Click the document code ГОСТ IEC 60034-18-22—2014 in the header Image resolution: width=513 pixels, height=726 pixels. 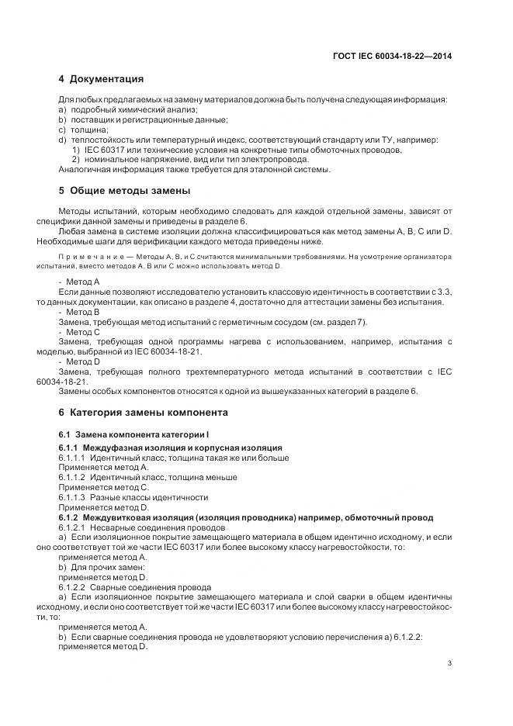(x=392, y=56)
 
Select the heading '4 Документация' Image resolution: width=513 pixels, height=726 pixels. (x=101, y=79)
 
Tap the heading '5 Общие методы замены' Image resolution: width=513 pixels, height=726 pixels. (x=124, y=190)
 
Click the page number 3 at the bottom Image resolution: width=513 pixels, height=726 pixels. (x=450, y=662)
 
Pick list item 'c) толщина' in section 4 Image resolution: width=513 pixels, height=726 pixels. (x=83, y=130)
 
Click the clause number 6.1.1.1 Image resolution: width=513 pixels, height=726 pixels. (x=72, y=458)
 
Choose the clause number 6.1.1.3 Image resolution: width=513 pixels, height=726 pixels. (x=72, y=497)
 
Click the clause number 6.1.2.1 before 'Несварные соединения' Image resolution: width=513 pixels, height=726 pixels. (x=72, y=527)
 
